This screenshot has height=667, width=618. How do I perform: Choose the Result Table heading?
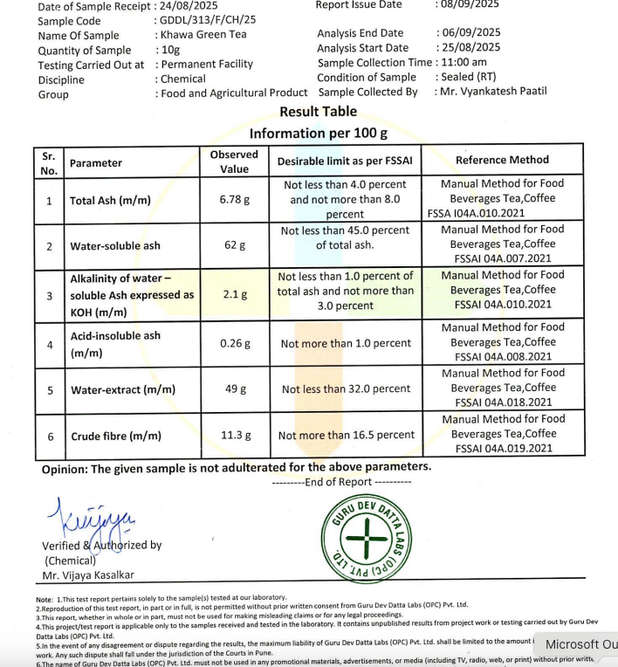click(x=318, y=112)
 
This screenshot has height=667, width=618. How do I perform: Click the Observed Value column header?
click(x=234, y=162)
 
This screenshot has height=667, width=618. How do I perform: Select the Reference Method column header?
click(x=502, y=160)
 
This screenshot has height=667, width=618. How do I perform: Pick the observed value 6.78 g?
click(x=234, y=200)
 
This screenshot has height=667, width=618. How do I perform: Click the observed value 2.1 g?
click(x=234, y=295)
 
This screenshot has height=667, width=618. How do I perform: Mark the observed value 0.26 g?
click(x=234, y=343)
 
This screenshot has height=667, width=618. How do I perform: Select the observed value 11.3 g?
click(x=234, y=435)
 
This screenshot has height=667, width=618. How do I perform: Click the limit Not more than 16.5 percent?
click(x=346, y=435)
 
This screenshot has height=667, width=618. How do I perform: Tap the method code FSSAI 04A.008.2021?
click(x=503, y=356)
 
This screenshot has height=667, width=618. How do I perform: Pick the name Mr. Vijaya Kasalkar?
click(x=88, y=575)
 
